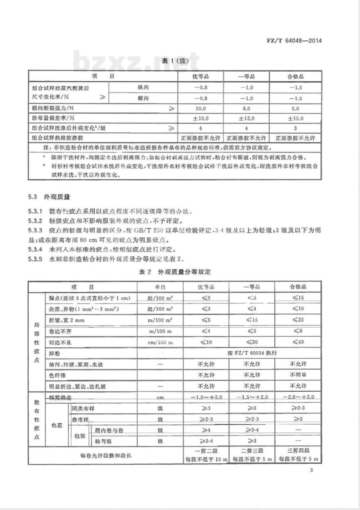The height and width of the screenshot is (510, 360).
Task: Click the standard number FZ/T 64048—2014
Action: pyautogui.click(x=294, y=40)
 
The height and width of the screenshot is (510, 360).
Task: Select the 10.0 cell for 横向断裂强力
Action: pyautogui.click(x=201, y=108)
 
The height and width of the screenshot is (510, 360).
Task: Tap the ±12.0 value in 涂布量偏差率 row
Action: pyautogui.click(x=247, y=118)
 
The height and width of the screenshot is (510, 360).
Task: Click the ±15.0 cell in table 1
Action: pyautogui.click(x=296, y=118)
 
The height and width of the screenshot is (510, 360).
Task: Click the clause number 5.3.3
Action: pyautogui.click(x=35, y=231)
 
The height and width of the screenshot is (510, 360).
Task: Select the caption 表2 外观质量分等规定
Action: pyautogui.click(x=175, y=272)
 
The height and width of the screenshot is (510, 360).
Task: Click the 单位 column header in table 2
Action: pyautogui.click(x=160, y=287)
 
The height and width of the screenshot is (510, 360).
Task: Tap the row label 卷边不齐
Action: pyautogui.click(x=60, y=331)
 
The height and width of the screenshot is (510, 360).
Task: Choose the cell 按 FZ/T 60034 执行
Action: pyautogui.click(x=252, y=353)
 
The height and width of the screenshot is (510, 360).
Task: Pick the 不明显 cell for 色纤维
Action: pyautogui.click(x=298, y=375)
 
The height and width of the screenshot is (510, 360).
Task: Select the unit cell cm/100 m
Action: pyautogui.click(x=160, y=342)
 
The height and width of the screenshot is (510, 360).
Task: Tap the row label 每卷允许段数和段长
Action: pyautogui.click(x=105, y=455)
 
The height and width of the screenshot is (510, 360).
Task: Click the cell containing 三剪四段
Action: pyautogui.click(x=298, y=451)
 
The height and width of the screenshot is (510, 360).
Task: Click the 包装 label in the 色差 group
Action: pyautogui.click(x=80, y=436)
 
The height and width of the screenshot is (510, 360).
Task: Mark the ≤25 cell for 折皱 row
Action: pyautogui.click(x=298, y=320)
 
